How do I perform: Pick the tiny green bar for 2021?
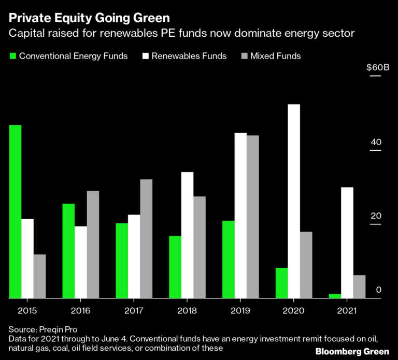(x=335, y=296)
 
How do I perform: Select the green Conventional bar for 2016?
(x=68, y=251)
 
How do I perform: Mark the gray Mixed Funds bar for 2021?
(x=359, y=286)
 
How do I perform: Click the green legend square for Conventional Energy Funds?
(x=12, y=56)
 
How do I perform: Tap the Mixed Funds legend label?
(x=275, y=56)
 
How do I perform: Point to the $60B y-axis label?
(x=377, y=68)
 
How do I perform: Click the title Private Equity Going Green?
(x=89, y=19)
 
